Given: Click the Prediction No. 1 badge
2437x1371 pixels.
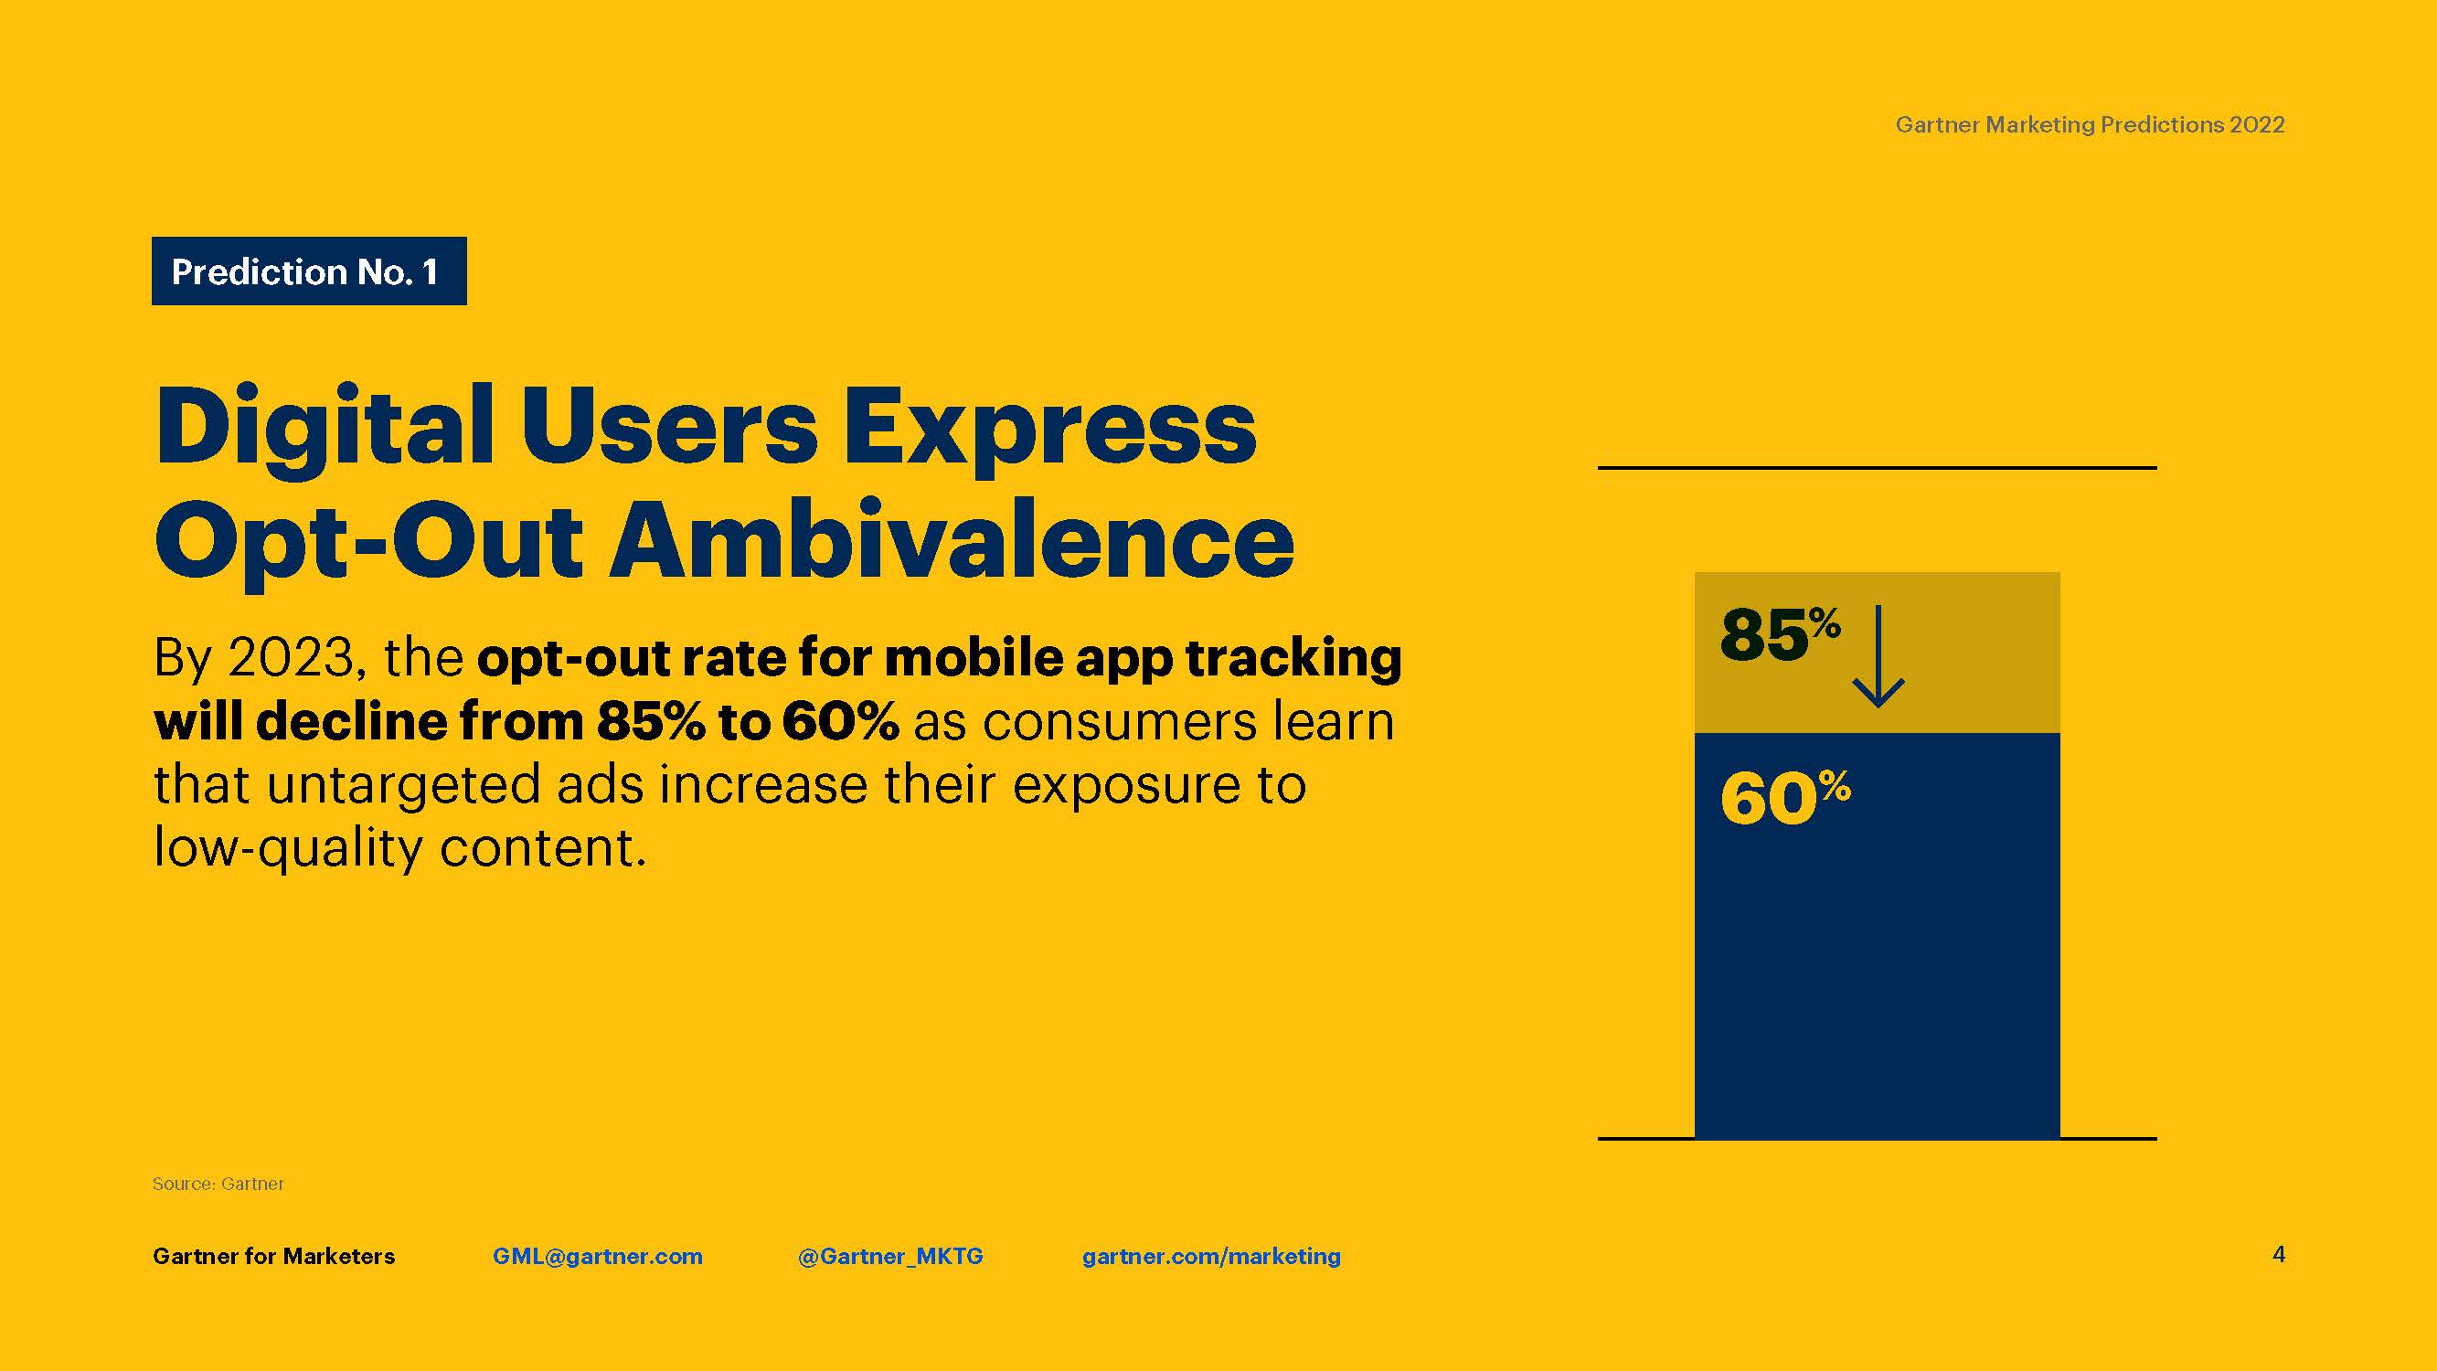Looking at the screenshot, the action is tap(308, 271).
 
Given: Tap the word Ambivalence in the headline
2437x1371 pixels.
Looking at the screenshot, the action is tap(952, 540).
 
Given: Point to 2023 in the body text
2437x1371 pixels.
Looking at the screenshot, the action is tap(291, 656).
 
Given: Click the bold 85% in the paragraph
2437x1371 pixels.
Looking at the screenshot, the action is tap(651, 721).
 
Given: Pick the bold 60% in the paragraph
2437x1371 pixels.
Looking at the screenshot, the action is tap(840, 721).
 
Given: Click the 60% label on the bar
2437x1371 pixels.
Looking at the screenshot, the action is tap(1785, 798).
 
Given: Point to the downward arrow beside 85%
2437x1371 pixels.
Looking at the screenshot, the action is tap(1878, 655).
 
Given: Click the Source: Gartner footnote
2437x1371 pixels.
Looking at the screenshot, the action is tap(218, 1184).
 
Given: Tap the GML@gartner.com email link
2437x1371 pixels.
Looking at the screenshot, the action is tap(598, 1257).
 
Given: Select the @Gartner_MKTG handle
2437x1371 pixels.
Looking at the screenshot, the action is tap(890, 1257).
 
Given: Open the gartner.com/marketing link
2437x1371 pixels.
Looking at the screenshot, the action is tap(1212, 1257).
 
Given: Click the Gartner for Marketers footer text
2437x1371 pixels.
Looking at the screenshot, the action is tap(274, 1257).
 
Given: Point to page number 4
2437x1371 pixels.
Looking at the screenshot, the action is tap(2279, 1255).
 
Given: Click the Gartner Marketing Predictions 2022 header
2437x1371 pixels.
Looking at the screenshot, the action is tap(2090, 125).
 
